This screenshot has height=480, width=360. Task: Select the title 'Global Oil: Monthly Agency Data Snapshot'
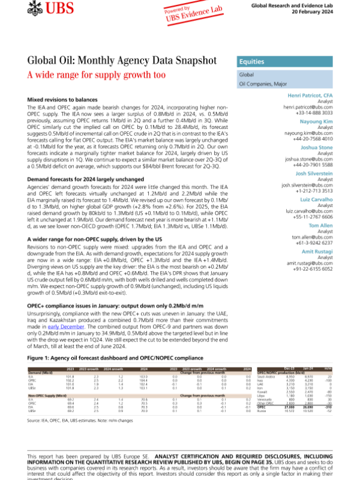pos(122,61)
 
